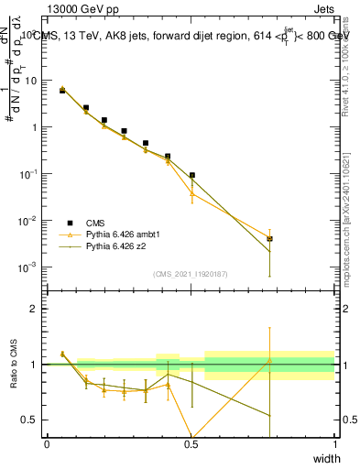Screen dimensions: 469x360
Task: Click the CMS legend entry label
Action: tap(96, 223)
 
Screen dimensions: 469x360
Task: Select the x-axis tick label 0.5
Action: tap(191, 444)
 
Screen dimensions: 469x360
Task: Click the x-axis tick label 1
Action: tap(334, 444)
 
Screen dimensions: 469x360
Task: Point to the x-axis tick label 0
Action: tap(48, 444)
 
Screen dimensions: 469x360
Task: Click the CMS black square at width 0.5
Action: tap(191, 175)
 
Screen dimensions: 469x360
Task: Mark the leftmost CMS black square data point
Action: tap(62, 91)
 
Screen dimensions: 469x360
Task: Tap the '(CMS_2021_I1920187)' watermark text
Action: tap(191, 273)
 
